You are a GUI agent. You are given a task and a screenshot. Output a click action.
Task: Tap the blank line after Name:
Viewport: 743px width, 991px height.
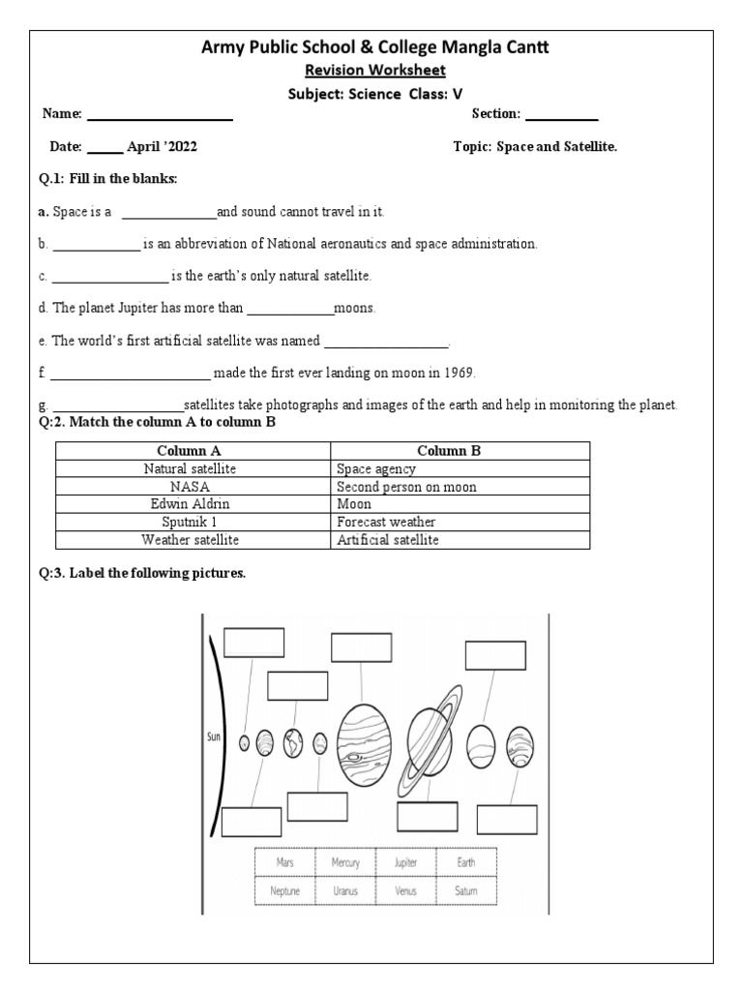(160, 118)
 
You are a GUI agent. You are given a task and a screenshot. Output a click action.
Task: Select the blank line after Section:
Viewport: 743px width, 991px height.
(561, 118)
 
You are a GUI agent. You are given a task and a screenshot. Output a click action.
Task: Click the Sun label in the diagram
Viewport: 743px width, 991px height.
(215, 736)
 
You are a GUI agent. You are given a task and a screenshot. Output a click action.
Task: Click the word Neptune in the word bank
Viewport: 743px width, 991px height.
(284, 890)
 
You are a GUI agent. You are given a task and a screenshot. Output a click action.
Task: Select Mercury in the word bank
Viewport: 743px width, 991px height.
(345, 862)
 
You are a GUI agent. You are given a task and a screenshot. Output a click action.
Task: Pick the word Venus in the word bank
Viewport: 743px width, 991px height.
(405, 890)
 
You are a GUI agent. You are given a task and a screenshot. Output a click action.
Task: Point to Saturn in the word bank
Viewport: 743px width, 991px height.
(465, 890)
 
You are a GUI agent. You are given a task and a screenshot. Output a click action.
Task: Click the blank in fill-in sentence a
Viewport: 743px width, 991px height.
(168, 213)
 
